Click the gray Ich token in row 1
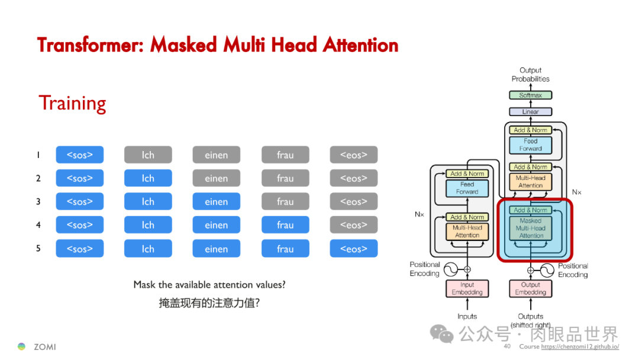[x=148, y=155]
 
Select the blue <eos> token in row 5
[x=354, y=249]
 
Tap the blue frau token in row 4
[x=285, y=225]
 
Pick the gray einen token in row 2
[x=217, y=178]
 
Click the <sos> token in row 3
[x=80, y=201]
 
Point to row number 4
[x=38, y=225]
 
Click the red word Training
[x=72, y=104]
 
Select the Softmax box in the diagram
[x=531, y=95]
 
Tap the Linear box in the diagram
[x=531, y=111]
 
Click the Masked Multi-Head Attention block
[x=531, y=228]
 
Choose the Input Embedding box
[x=467, y=288]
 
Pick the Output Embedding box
[x=531, y=288]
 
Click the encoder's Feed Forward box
[x=467, y=188]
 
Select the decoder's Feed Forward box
[x=531, y=145]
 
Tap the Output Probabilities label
[x=531, y=75]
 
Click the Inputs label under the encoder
[x=467, y=316]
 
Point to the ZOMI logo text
[x=45, y=347]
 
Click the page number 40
[x=507, y=346]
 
